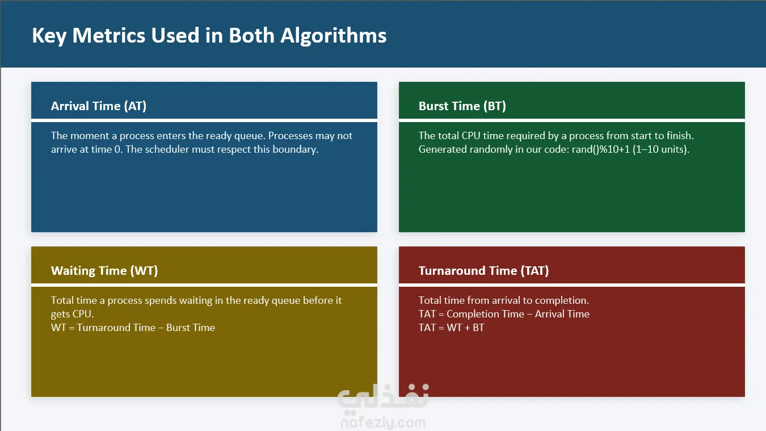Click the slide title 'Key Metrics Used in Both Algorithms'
click(209, 36)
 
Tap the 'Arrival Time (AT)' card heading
click(99, 106)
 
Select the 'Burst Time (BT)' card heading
click(462, 106)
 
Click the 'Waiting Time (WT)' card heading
click(104, 271)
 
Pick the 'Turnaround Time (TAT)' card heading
click(483, 271)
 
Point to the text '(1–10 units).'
click(661, 149)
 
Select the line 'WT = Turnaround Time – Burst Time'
click(133, 328)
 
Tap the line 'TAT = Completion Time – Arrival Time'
click(504, 314)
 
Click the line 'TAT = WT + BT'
click(452, 328)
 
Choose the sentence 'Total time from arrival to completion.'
click(504, 300)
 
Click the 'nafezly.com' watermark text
click(383, 423)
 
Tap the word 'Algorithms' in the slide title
click(334, 36)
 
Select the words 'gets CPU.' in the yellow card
click(73, 314)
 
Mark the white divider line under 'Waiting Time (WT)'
click(204, 285)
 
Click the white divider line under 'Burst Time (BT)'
click(572, 120)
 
